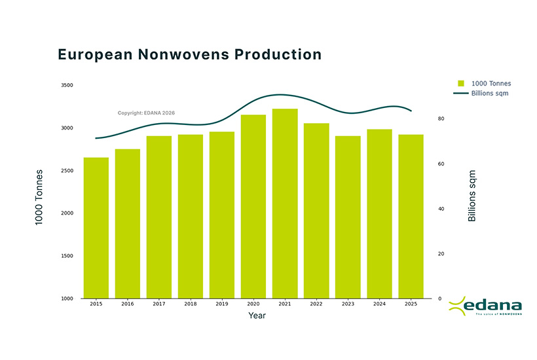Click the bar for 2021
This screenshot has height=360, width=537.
click(x=285, y=203)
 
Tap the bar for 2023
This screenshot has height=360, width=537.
click(x=348, y=217)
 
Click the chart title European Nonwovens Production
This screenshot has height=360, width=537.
click(x=190, y=54)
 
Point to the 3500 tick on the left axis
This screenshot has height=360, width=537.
click(x=67, y=85)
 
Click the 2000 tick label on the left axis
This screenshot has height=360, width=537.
click(x=67, y=213)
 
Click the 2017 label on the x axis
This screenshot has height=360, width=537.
click(x=159, y=304)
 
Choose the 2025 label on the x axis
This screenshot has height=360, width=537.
click(x=411, y=304)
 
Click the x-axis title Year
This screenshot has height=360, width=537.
click(x=257, y=315)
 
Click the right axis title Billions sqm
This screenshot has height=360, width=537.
click(x=472, y=196)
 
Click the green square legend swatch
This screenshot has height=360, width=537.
click(x=461, y=84)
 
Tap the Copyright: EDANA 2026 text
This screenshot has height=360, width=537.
click(x=146, y=113)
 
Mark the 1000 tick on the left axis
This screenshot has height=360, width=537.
click(x=67, y=298)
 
